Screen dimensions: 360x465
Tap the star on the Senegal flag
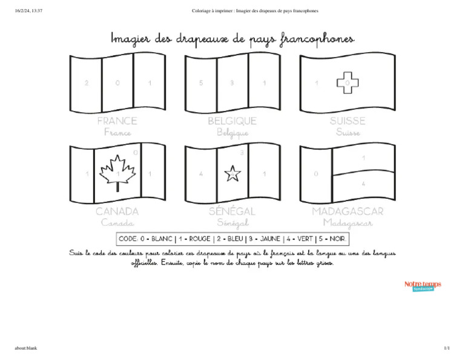[x=232, y=175]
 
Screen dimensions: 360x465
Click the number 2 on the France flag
[x=86, y=83]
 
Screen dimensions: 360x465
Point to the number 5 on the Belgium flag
[x=201, y=83]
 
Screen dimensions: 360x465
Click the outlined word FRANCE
[x=117, y=121]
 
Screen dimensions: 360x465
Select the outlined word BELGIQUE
[x=232, y=121]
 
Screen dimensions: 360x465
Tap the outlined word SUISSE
[x=348, y=121]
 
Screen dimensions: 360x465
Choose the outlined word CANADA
[x=117, y=212]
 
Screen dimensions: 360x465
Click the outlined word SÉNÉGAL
[x=232, y=212]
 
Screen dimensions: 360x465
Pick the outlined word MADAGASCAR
[x=348, y=212]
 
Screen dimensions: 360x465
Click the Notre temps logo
[x=423, y=285]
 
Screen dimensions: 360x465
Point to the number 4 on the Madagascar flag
[x=363, y=183]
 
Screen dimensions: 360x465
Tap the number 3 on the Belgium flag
[x=232, y=83]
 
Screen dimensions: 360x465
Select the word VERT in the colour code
[x=302, y=239]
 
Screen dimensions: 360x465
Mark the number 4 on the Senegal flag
[x=201, y=175]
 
